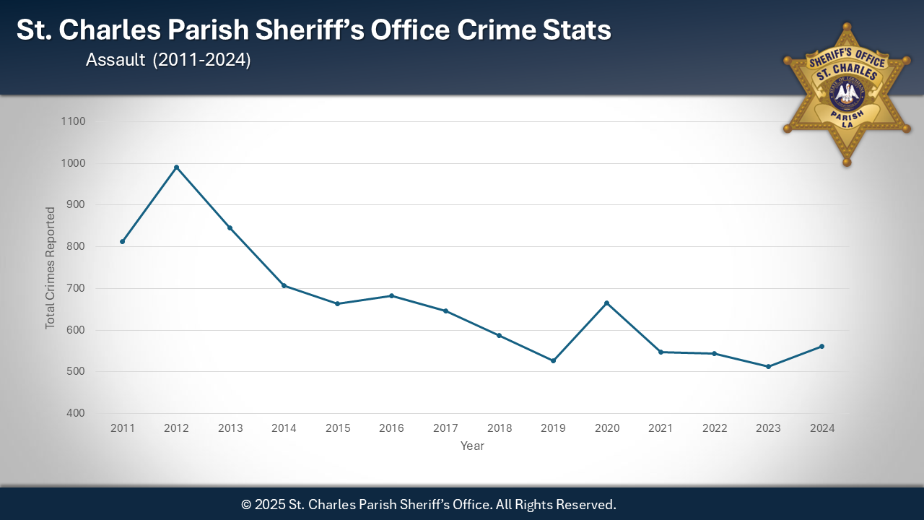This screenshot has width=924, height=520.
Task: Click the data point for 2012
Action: [176, 168]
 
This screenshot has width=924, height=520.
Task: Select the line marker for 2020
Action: [607, 303]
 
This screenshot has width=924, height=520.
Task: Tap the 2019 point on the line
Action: [553, 360]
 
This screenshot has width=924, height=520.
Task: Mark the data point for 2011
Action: [123, 241]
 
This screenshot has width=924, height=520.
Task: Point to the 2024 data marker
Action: [821, 347]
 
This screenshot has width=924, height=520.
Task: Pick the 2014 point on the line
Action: [284, 286]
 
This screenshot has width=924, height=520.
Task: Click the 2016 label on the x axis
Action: [391, 428]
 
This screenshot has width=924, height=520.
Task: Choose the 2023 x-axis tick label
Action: [768, 428]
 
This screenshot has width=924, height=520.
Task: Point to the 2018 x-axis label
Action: [499, 428]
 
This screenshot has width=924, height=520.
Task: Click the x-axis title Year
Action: [472, 446]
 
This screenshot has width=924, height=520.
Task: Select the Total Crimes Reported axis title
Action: [51, 268]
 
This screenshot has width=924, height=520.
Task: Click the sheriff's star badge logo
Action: [847, 94]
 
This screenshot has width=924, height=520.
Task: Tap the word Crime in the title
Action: [499, 30]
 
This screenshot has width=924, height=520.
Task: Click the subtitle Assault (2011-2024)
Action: [168, 61]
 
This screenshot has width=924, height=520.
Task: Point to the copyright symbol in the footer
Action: [246, 504]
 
